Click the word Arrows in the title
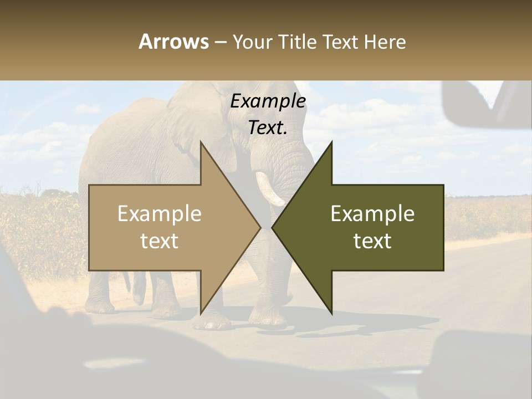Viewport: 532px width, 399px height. (173, 42)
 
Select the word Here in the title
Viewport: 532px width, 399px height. (385, 42)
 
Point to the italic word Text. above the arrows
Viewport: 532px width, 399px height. (268, 128)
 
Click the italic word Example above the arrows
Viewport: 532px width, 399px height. (268, 101)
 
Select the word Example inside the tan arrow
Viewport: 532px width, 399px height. (160, 214)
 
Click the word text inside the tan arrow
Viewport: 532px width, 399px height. (160, 241)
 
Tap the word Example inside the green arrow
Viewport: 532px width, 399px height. (372, 214)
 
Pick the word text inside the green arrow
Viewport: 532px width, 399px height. (372, 241)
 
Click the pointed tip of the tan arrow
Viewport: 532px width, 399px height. (259, 227)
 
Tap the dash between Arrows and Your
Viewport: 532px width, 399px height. (220, 42)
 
